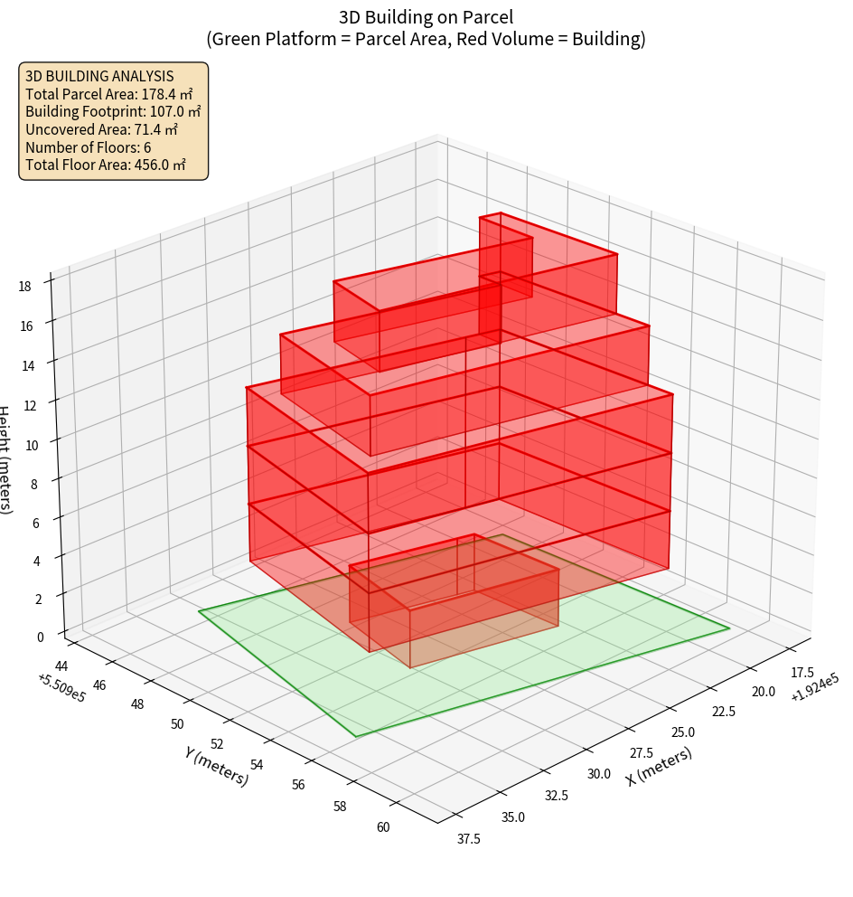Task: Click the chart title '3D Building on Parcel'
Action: (426, 16)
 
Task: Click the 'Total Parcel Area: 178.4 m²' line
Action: (108, 94)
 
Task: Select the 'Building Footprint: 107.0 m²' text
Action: (113, 111)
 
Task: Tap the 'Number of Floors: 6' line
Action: (88, 147)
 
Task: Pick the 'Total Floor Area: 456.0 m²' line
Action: (106, 165)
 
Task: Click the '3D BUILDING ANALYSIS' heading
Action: (99, 76)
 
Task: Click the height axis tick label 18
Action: (24, 287)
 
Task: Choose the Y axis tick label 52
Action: (217, 745)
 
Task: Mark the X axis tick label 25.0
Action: (682, 732)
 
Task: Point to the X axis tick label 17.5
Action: (801, 673)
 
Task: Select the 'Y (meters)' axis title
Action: (216, 765)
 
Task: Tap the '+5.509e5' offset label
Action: (62, 687)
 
